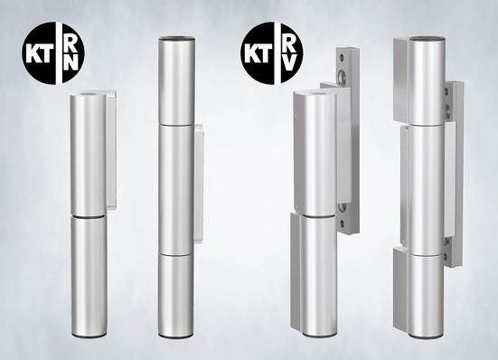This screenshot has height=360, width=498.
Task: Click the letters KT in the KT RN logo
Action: tap(38, 54)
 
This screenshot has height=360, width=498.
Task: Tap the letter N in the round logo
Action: tap(71, 62)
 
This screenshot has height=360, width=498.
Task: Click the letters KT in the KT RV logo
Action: tap(257, 54)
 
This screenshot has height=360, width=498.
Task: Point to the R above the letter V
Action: tap(287, 43)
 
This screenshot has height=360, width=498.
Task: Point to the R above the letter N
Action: tap(70, 43)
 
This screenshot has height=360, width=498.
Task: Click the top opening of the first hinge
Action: tap(89, 94)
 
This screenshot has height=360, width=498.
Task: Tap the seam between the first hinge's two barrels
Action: tap(89, 217)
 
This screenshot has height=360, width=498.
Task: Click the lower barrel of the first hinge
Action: tap(89, 276)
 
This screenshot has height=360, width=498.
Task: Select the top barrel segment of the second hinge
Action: tap(176, 81)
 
